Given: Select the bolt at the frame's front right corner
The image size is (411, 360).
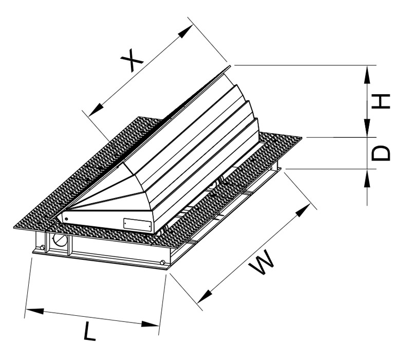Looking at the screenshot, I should click(x=162, y=264).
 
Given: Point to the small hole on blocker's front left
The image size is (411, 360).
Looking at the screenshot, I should click(x=66, y=218).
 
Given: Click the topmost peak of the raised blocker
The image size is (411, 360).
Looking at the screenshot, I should click(x=230, y=67).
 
